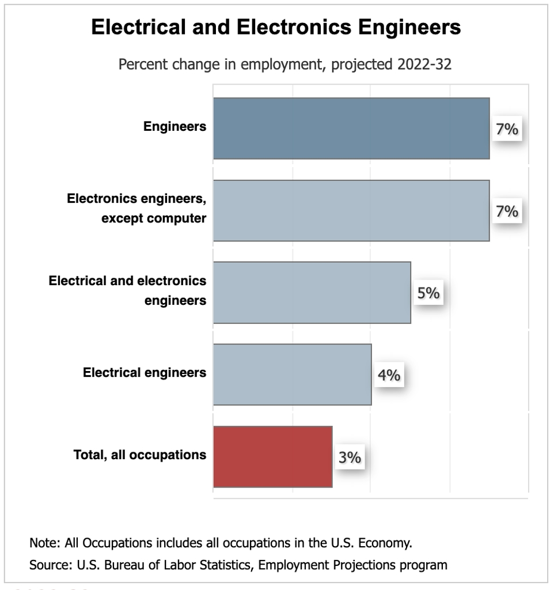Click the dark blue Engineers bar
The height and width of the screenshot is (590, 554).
351,128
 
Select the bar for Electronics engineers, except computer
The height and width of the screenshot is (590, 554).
351,210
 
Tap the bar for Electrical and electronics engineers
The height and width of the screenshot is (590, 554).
312,293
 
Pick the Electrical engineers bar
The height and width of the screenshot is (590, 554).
292,375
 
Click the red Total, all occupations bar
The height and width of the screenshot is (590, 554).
272,457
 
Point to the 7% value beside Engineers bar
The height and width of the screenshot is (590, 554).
507,130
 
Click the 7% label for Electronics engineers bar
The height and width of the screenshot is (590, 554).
507,211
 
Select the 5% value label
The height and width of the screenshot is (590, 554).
428,293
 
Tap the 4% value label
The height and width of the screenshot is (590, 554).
389,376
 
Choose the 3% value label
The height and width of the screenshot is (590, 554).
350,457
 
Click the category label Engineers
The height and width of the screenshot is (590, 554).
174,127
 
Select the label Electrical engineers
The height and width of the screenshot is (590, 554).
145,372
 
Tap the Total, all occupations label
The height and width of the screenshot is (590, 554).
140,455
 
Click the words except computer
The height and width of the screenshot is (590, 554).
154,219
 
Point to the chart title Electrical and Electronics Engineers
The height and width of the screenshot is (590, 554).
276,28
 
